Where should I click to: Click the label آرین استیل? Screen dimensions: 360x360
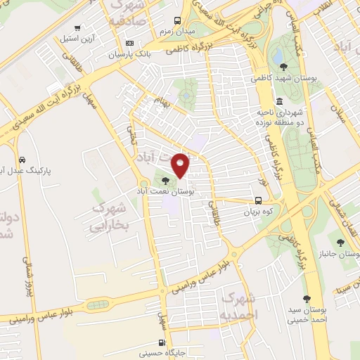coord(72,38)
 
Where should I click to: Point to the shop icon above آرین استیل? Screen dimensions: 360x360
coord(77,28)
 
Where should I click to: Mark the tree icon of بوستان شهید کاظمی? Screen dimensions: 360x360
coord(283,67)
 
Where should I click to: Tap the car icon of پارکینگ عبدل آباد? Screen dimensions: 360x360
coord(22,159)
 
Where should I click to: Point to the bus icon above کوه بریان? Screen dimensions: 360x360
coord(258,201)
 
